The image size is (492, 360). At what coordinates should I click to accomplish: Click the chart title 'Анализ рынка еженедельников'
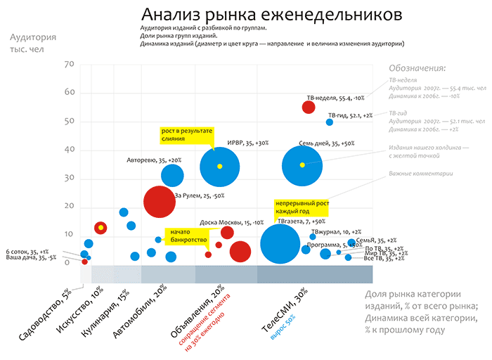tap(271, 15)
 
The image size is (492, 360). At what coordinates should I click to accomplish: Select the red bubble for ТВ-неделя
tap(308, 107)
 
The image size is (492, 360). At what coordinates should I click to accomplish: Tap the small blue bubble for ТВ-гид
tap(330, 122)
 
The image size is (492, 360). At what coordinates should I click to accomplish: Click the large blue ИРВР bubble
tap(220, 166)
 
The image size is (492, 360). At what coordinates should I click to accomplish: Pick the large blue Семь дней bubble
tap(302, 165)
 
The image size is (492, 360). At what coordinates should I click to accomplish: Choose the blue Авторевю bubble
tap(172, 175)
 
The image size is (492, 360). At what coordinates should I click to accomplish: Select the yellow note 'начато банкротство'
tap(186, 236)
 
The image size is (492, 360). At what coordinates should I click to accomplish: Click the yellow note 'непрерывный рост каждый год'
tap(301, 207)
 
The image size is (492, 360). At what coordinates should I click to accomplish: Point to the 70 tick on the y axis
tap(69, 65)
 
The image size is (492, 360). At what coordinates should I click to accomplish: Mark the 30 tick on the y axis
tap(69, 178)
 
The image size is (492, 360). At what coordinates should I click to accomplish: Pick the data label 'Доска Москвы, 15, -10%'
tap(231, 222)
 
